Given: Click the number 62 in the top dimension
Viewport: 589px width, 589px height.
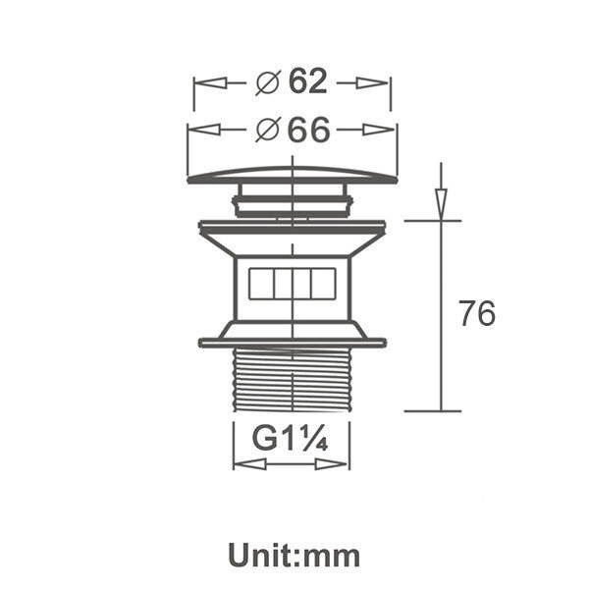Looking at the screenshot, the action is (307, 81).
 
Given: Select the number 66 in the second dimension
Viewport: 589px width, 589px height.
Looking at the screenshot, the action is (309, 130).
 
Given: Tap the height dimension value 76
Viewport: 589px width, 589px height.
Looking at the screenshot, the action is (477, 313).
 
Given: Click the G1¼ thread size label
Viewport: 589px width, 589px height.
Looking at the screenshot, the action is (291, 438).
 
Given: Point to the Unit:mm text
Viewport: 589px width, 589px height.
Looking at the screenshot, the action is (294, 556).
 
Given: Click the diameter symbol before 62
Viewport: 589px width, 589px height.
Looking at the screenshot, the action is (267, 82).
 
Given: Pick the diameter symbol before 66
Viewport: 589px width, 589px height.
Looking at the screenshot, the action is (267, 130).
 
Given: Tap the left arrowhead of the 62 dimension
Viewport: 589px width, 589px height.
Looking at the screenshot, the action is (210, 83).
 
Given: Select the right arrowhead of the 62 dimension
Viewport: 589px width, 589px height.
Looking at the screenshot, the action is (372, 83).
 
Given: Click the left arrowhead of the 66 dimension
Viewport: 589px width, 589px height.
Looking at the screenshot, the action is (203, 130).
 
